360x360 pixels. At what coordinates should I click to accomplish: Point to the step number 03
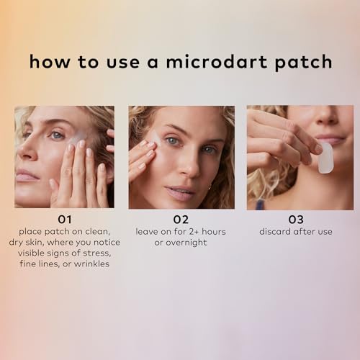(295, 219)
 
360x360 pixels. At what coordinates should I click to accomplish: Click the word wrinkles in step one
(91, 265)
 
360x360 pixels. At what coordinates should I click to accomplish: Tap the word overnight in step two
(187, 242)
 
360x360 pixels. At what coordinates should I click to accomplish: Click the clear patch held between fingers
(325, 157)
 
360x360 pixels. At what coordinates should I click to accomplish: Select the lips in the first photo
(25, 175)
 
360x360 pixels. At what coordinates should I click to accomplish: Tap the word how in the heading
(44, 62)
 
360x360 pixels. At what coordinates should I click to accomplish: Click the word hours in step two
(210, 231)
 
